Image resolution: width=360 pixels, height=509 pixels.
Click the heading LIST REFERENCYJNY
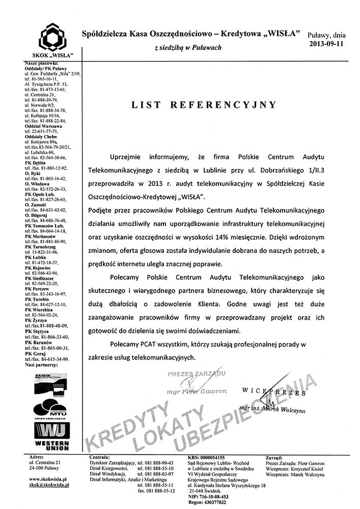click(204, 105)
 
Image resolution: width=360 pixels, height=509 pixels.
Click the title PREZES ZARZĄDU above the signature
click(196, 374)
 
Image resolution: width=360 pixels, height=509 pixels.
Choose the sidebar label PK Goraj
click(34, 353)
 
